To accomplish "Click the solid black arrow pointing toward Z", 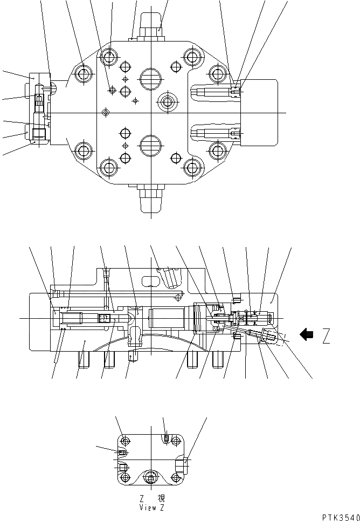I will point(307,335).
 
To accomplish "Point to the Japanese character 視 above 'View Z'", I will point(161,498).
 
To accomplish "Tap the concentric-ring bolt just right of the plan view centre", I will point(167,100).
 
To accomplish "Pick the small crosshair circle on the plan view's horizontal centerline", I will point(106,112).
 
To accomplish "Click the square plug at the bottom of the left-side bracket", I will point(38,133).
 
